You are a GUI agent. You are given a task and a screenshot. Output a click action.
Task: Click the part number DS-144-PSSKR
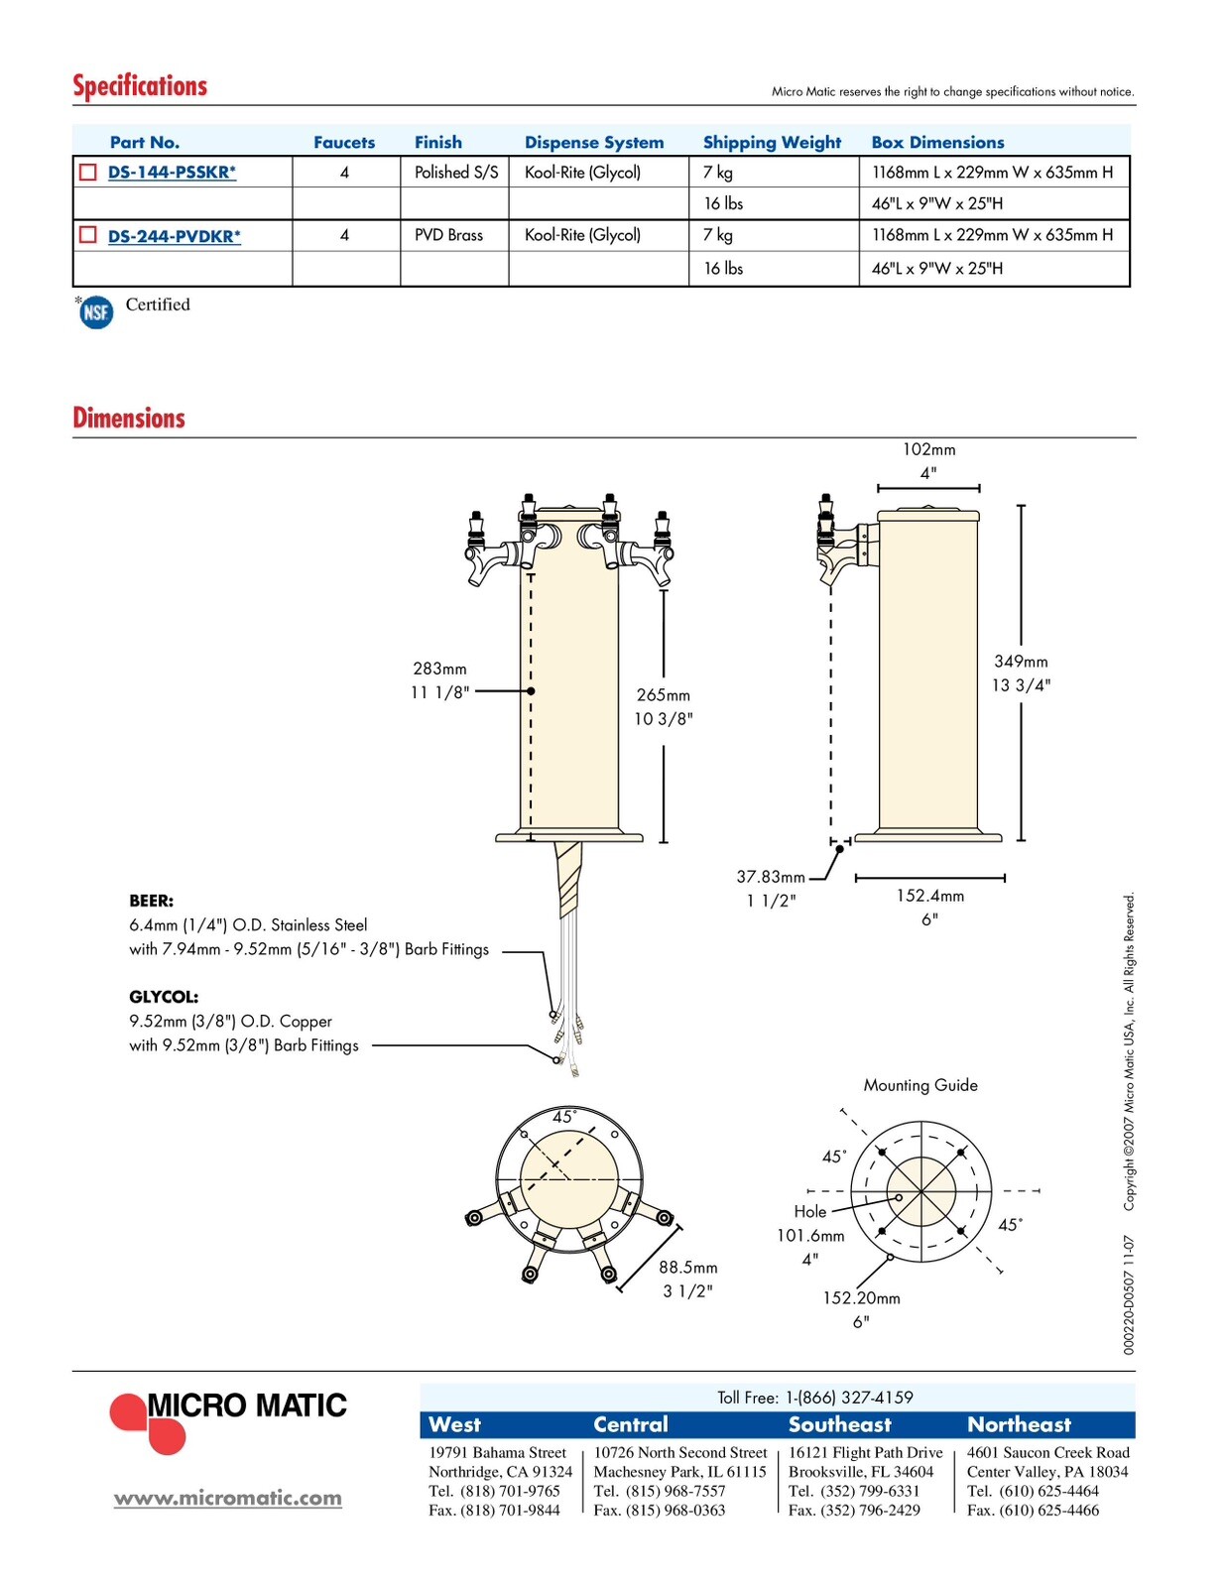pos(172,173)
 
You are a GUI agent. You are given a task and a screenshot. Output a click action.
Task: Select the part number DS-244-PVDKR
pos(174,236)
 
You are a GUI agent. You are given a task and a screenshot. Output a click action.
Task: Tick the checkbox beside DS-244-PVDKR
pos(87,234)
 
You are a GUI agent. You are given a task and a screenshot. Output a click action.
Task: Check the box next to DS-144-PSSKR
pos(87,172)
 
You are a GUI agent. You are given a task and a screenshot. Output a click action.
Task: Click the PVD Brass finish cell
pos(448,235)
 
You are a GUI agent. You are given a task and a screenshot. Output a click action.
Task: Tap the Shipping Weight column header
pos(771,142)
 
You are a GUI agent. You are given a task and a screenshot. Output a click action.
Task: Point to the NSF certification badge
pos(96,313)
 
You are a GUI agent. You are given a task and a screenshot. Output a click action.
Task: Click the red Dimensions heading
pos(129,418)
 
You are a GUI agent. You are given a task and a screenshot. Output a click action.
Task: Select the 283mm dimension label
pos(439,669)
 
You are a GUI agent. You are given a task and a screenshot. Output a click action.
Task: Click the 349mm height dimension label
pos(1021,662)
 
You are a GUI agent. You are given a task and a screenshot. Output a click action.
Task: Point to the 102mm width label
pos(928,450)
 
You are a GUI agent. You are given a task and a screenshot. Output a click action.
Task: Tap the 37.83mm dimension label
pos(771,877)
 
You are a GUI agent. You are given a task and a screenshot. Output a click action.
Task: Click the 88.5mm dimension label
pos(687,1267)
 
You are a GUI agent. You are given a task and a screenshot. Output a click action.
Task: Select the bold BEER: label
pos(151,902)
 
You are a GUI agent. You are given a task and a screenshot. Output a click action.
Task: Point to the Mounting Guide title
pos(920,1085)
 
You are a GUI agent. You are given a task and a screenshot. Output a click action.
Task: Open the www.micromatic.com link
pos(228,1498)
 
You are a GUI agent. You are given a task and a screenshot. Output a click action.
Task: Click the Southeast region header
pos(840,1424)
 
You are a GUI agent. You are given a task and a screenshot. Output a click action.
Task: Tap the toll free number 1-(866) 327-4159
pos(849,1398)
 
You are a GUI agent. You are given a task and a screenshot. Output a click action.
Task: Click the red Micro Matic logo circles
pos(149,1422)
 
